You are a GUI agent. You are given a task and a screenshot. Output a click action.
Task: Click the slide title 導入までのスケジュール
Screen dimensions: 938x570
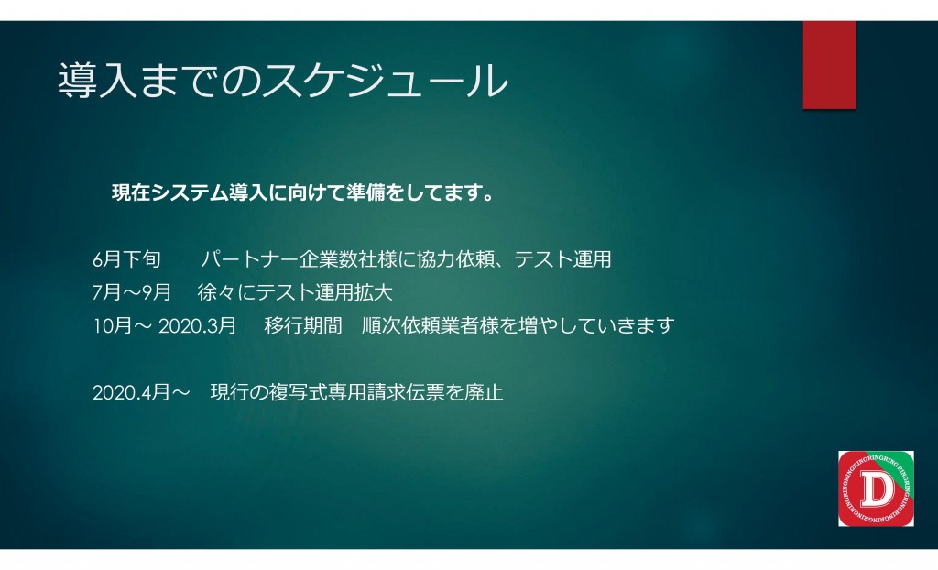point(283,81)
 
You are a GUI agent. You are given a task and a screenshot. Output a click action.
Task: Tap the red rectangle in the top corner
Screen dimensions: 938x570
point(829,65)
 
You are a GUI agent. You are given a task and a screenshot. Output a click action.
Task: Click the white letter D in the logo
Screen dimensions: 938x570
point(877,489)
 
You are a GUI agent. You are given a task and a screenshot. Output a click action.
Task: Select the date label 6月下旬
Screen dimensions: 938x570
point(126,259)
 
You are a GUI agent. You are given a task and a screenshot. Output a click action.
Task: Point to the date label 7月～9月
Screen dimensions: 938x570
point(132,292)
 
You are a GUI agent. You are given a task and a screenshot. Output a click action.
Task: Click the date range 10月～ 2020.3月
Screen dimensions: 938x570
point(165,325)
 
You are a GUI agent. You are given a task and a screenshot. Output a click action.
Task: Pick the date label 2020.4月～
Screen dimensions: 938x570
point(141,393)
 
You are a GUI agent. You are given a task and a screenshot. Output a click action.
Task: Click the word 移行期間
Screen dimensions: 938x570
point(302,325)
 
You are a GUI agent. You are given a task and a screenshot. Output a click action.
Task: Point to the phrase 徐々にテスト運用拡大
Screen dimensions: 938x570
point(295,292)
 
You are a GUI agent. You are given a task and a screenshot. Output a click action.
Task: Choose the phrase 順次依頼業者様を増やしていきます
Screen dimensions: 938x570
point(518,325)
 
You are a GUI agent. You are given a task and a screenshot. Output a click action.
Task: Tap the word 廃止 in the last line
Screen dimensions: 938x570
point(484,393)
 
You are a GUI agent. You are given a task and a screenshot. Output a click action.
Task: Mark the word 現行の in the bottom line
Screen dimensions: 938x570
point(239,393)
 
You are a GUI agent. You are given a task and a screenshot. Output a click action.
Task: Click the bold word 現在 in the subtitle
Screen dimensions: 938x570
point(131,192)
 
